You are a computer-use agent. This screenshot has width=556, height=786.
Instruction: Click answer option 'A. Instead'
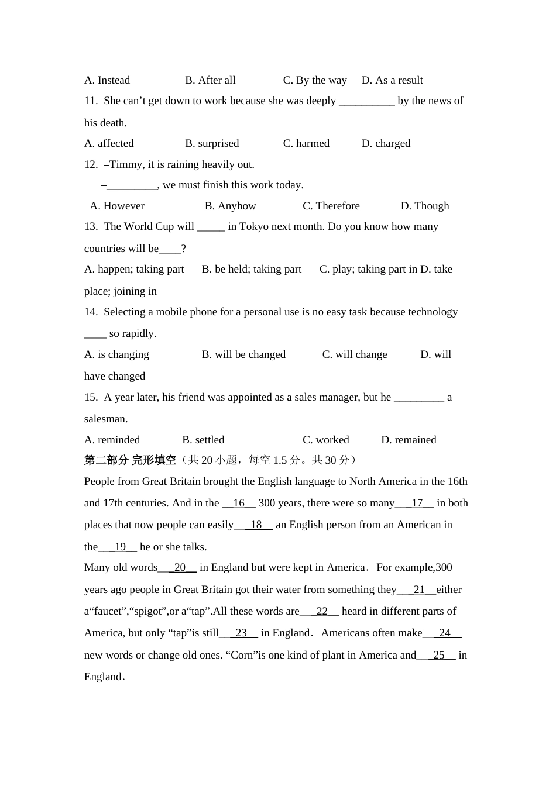pos(107,80)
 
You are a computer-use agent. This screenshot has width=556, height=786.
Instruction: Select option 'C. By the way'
pos(315,80)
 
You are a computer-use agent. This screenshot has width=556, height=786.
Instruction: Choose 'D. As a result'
pos(392,80)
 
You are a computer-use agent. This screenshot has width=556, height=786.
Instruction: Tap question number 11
pos(91,101)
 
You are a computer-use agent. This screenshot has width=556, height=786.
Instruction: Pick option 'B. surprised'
pos(212,143)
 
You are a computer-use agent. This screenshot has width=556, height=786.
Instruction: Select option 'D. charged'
pos(386,143)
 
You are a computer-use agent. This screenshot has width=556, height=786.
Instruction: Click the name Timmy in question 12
pos(125,164)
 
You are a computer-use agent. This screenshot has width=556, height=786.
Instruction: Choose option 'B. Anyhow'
pos(231,206)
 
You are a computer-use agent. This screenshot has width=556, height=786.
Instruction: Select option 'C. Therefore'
pos(331,206)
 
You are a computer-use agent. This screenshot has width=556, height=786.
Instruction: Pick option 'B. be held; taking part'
pos(252,269)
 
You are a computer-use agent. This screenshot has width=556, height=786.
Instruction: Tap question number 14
pos(91,312)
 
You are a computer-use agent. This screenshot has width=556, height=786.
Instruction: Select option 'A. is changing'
pos(116,354)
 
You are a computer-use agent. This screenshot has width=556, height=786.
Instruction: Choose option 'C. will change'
pos(355,354)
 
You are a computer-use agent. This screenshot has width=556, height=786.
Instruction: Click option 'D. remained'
pos(409,440)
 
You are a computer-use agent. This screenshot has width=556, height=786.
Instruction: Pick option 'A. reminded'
pos(112,440)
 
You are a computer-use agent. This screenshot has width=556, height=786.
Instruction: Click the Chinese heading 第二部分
pos(106,460)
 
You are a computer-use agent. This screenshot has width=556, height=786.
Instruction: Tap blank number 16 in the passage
pos(239,503)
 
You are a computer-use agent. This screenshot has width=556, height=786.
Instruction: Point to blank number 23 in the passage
pos(241,633)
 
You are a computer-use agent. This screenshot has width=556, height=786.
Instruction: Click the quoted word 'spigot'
pos(147,611)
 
